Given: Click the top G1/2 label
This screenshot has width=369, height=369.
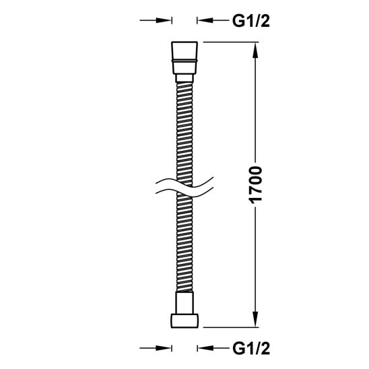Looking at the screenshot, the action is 251,22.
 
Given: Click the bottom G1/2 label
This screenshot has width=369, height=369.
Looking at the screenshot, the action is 251,349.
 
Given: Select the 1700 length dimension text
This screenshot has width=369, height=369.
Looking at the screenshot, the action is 255,185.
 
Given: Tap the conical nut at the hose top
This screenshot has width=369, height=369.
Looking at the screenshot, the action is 184,58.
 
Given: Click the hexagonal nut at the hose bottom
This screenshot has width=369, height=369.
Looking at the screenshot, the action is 184,321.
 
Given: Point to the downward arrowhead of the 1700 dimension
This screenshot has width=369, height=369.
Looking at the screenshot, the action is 255,319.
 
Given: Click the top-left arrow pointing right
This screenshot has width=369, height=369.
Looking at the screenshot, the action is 156,20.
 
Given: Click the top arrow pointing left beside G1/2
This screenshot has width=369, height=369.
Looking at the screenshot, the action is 213,20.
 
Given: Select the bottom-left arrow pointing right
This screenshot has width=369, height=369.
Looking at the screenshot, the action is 156,348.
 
